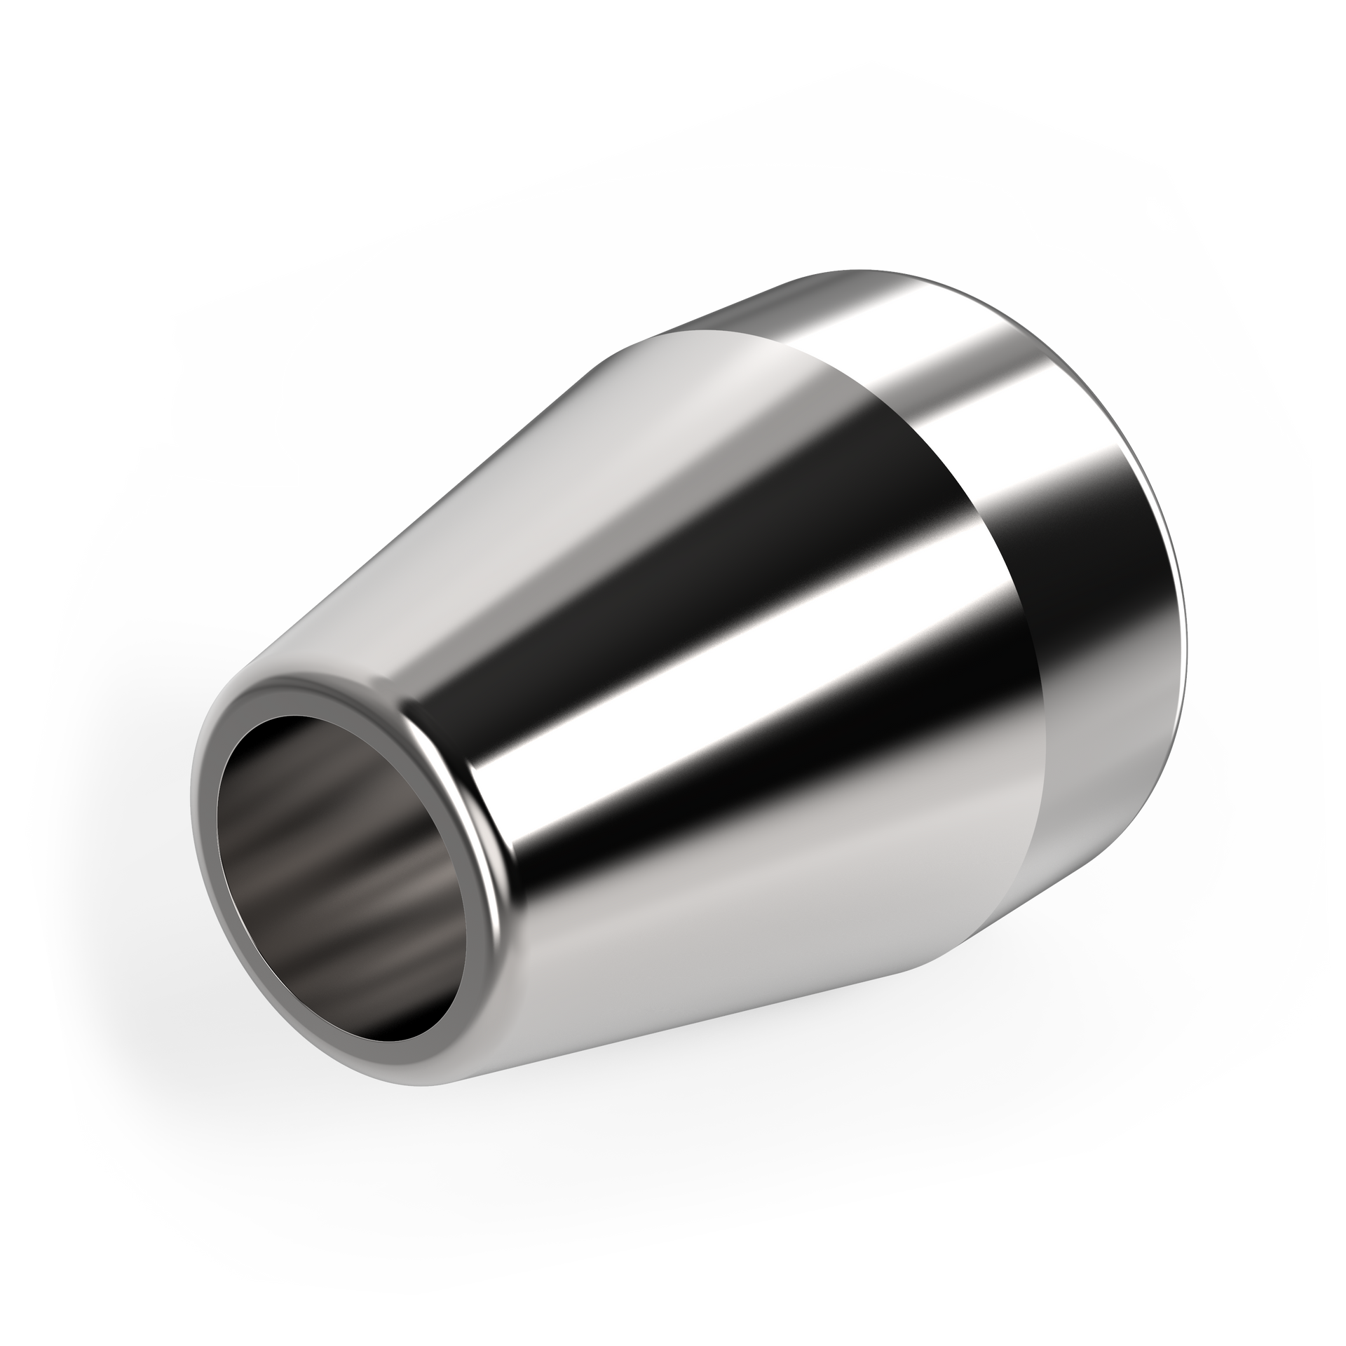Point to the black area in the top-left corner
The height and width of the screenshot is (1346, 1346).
pyautogui.click(x=105, y=105)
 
